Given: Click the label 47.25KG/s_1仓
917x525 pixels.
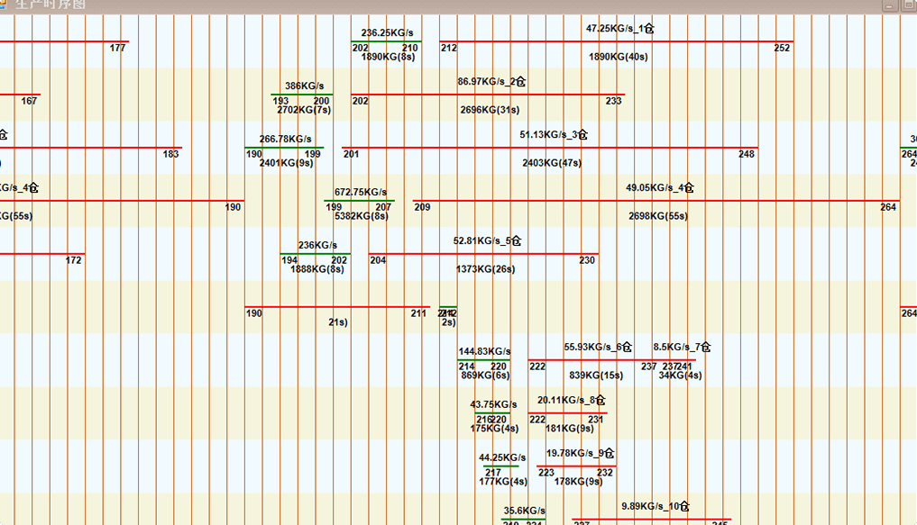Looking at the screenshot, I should coord(620,29).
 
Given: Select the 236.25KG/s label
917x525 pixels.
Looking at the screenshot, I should coord(387,33).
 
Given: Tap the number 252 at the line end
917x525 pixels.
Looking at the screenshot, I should coord(782,49).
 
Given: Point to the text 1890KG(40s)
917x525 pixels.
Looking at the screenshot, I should coord(618,57).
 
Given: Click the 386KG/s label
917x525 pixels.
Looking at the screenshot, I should coord(304,86).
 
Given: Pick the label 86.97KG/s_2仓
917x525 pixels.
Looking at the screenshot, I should coord(491,82).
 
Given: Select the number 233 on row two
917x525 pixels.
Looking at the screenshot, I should coord(613,102).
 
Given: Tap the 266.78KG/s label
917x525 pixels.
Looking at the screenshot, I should coord(285,140).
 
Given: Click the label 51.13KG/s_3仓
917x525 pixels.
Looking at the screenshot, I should coord(554,135).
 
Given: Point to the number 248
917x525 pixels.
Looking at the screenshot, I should coord(747,155).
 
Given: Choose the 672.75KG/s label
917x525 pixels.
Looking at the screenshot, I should coord(360,193).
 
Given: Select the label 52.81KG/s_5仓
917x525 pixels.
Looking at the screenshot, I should coord(487,241).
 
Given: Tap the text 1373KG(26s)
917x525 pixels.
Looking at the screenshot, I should coord(485,269).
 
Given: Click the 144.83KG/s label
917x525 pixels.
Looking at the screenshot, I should coord(484,352).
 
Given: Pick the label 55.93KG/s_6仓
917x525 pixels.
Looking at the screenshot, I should coord(598,348).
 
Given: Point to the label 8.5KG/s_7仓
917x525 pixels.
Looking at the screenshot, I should coord(683,348).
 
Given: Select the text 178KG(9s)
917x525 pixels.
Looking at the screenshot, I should coord(578,482).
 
